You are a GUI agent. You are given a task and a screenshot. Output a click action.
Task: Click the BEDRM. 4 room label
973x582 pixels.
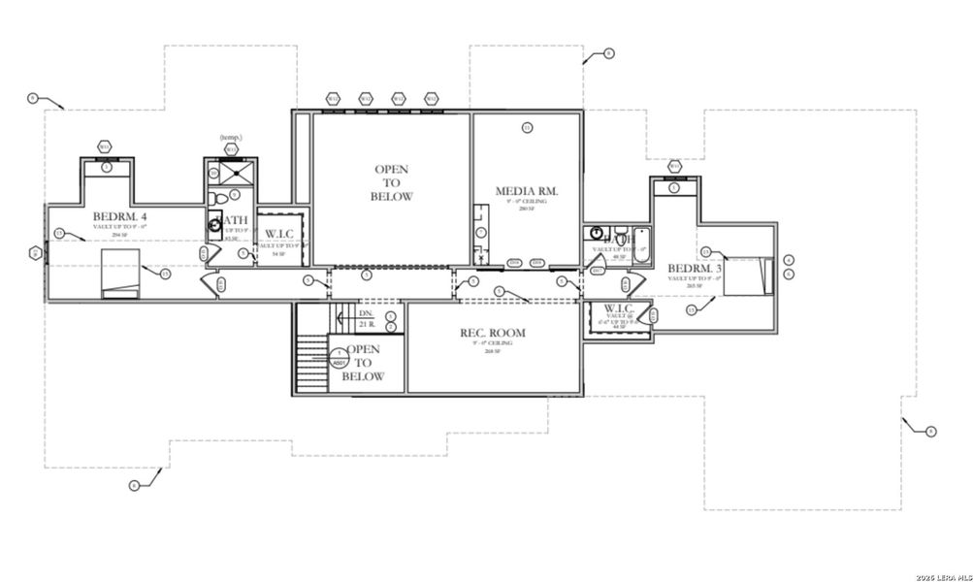[x=119, y=215]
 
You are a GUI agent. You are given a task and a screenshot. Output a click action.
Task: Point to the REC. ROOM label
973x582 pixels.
[x=493, y=333]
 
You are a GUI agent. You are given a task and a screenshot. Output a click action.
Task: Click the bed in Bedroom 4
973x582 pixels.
[x=120, y=273]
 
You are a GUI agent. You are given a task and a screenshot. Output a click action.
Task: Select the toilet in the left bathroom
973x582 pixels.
[x=220, y=199]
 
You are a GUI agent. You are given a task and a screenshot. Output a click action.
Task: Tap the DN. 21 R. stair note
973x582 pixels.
[x=366, y=318]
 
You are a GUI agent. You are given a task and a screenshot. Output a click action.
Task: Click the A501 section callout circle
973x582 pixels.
[x=338, y=363]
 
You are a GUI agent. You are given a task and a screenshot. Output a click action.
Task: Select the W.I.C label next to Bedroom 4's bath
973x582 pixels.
[x=279, y=234]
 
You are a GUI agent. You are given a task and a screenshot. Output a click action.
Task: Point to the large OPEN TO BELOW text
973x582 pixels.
[x=391, y=183]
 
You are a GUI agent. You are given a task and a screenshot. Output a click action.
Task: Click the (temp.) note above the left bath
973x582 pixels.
[x=230, y=137]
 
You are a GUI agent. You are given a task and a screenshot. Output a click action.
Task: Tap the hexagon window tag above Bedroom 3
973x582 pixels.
[x=674, y=166]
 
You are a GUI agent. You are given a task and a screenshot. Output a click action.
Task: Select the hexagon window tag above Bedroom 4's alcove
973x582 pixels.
[x=105, y=146]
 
